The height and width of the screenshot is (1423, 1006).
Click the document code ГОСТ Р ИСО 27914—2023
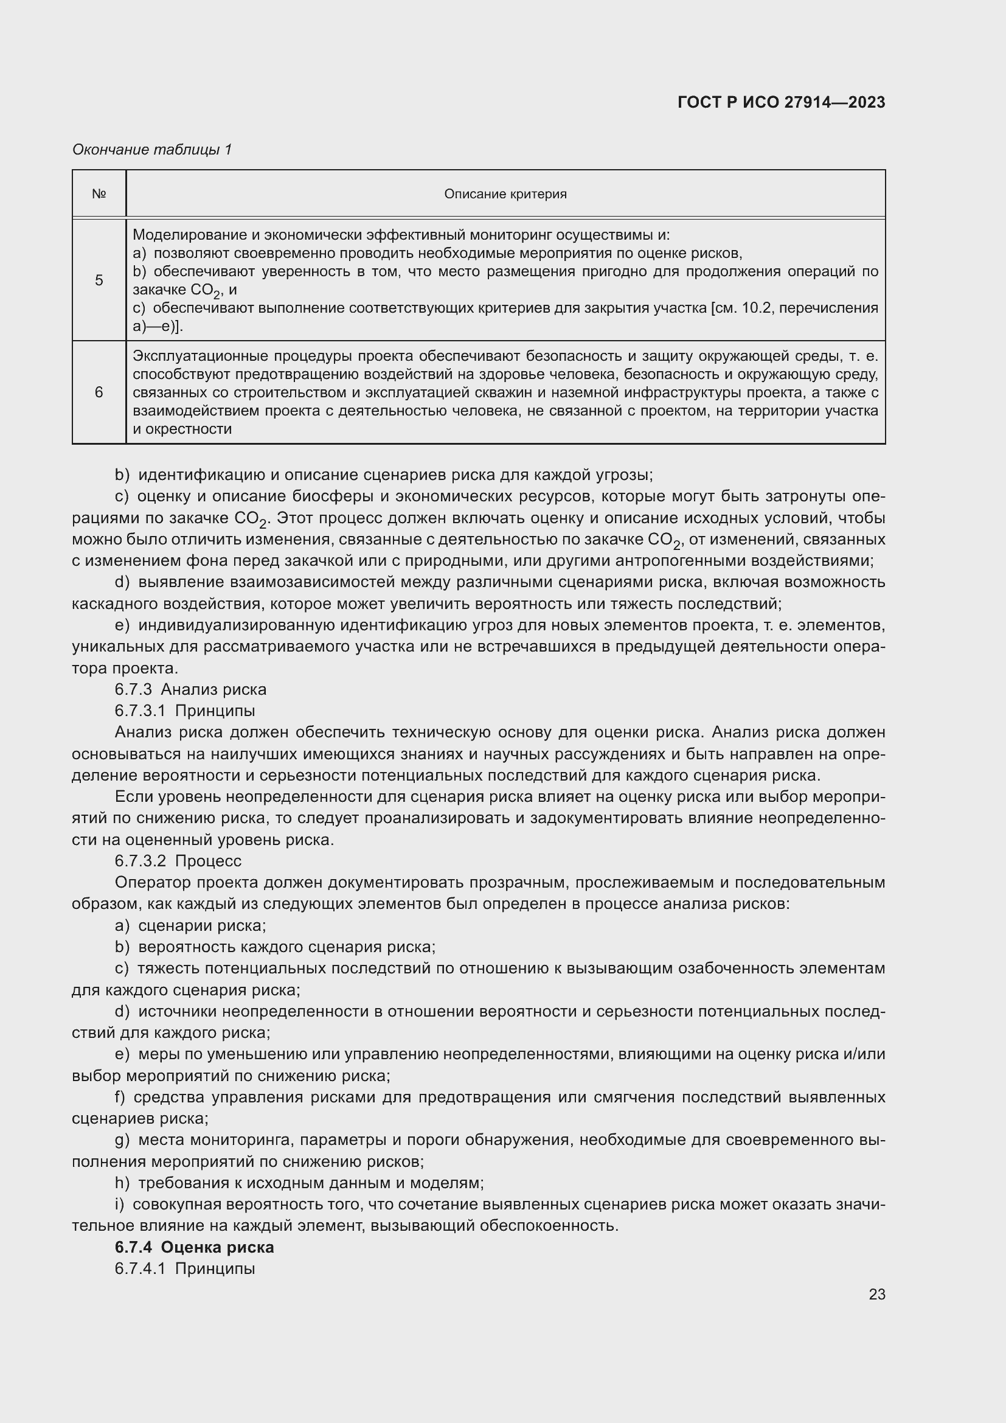(781, 102)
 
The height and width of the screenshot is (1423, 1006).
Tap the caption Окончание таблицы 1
(152, 150)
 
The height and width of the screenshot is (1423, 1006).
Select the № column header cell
(99, 194)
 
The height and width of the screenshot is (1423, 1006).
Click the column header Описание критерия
(505, 194)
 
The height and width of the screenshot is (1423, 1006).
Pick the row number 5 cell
(99, 280)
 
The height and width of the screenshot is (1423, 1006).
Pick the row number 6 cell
(99, 392)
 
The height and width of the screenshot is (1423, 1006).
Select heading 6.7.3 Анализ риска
(190, 689)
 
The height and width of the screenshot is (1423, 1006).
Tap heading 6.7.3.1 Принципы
(185, 711)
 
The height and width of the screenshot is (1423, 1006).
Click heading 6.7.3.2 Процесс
(178, 861)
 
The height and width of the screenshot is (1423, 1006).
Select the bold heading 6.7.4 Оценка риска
(194, 1247)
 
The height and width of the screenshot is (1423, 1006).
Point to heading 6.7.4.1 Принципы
(185, 1268)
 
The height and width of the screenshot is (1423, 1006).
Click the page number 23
(876, 1294)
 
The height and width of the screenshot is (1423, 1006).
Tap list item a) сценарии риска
(190, 925)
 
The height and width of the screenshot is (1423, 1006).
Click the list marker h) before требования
(122, 1183)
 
